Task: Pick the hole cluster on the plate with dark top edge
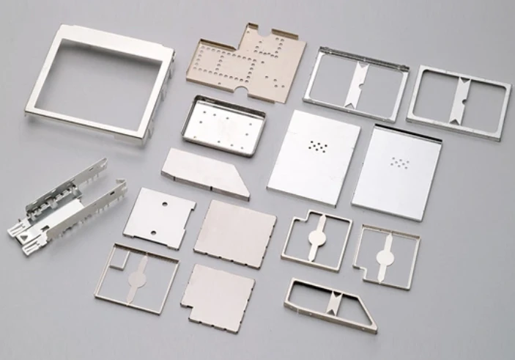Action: pyautogui.click(x=400, y=162)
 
